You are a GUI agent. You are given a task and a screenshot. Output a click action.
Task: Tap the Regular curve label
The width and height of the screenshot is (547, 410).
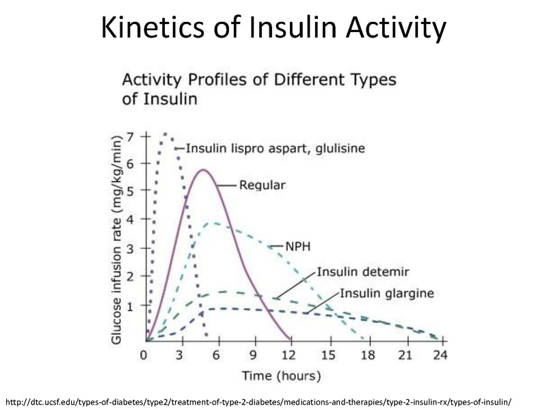coord(262,184)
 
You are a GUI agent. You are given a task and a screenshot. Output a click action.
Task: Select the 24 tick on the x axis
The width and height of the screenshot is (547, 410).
coord(440,355)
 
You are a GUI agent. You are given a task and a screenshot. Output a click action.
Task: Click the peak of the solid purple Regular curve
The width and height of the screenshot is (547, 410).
coord(203,169)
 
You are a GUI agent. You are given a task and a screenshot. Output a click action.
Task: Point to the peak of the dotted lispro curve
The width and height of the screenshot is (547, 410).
coord(164,134)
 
